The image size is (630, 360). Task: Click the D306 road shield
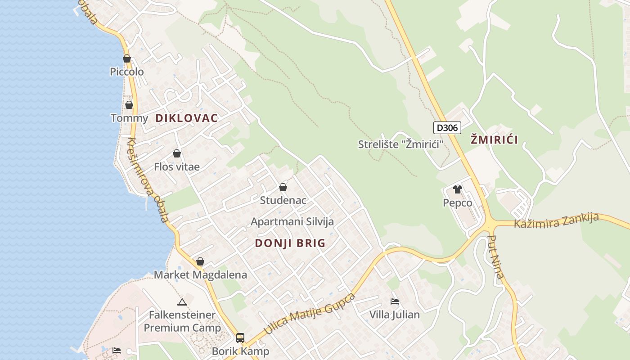click(x=447, y=128)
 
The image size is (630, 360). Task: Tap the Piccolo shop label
click(x=127, y=72)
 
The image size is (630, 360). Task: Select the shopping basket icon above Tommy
click(x=129, y=105)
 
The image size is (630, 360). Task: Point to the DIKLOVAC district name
click(x=186, y=118)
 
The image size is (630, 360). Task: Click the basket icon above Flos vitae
click(x=177, y=153)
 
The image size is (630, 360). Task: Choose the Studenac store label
click(x=283, y=200)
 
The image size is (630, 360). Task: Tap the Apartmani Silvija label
click(x=292, y=221)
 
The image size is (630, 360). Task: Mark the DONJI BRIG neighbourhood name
click(x=290, y=243)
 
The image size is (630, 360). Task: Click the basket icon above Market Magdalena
click(x=200, y=261)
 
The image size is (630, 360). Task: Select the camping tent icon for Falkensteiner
click(x=182, y=302)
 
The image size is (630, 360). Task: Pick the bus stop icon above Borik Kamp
click(x=240, y=337)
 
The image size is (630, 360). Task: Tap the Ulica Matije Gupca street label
click(x=309, y=314)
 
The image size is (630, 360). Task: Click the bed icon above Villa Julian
click(x=395, y=301)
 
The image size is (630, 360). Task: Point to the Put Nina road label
click(x=496, y=257)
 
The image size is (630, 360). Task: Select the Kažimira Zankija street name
click(x=556, y=220)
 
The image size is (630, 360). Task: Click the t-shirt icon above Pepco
click(x=458, y=189)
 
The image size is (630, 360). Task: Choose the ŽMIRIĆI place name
click(x=494, y=139)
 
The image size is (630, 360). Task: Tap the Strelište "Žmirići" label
click(x=400, y=144)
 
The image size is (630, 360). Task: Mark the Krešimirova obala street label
click(x=147, y=180)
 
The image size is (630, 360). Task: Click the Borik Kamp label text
click(x=240, y=351)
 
